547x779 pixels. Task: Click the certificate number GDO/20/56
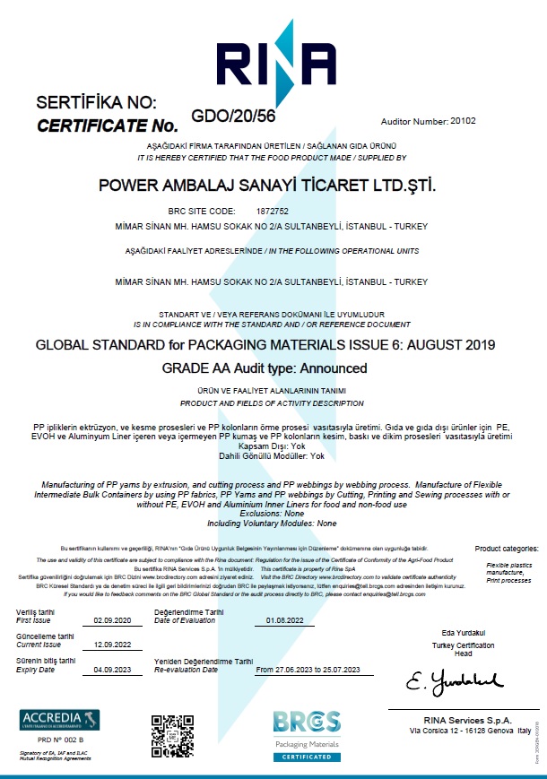[233, 115]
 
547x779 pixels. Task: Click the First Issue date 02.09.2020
[113, 620]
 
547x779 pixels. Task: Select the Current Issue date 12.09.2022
[113, 645]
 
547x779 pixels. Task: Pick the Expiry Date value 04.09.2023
[113, 670]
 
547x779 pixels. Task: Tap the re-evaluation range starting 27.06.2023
[308, 670]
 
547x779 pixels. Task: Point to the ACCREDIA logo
[60, 720]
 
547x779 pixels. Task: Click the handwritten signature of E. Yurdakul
[453, 684]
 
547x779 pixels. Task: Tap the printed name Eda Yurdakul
[463, 633]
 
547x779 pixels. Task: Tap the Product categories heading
[508, 548]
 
